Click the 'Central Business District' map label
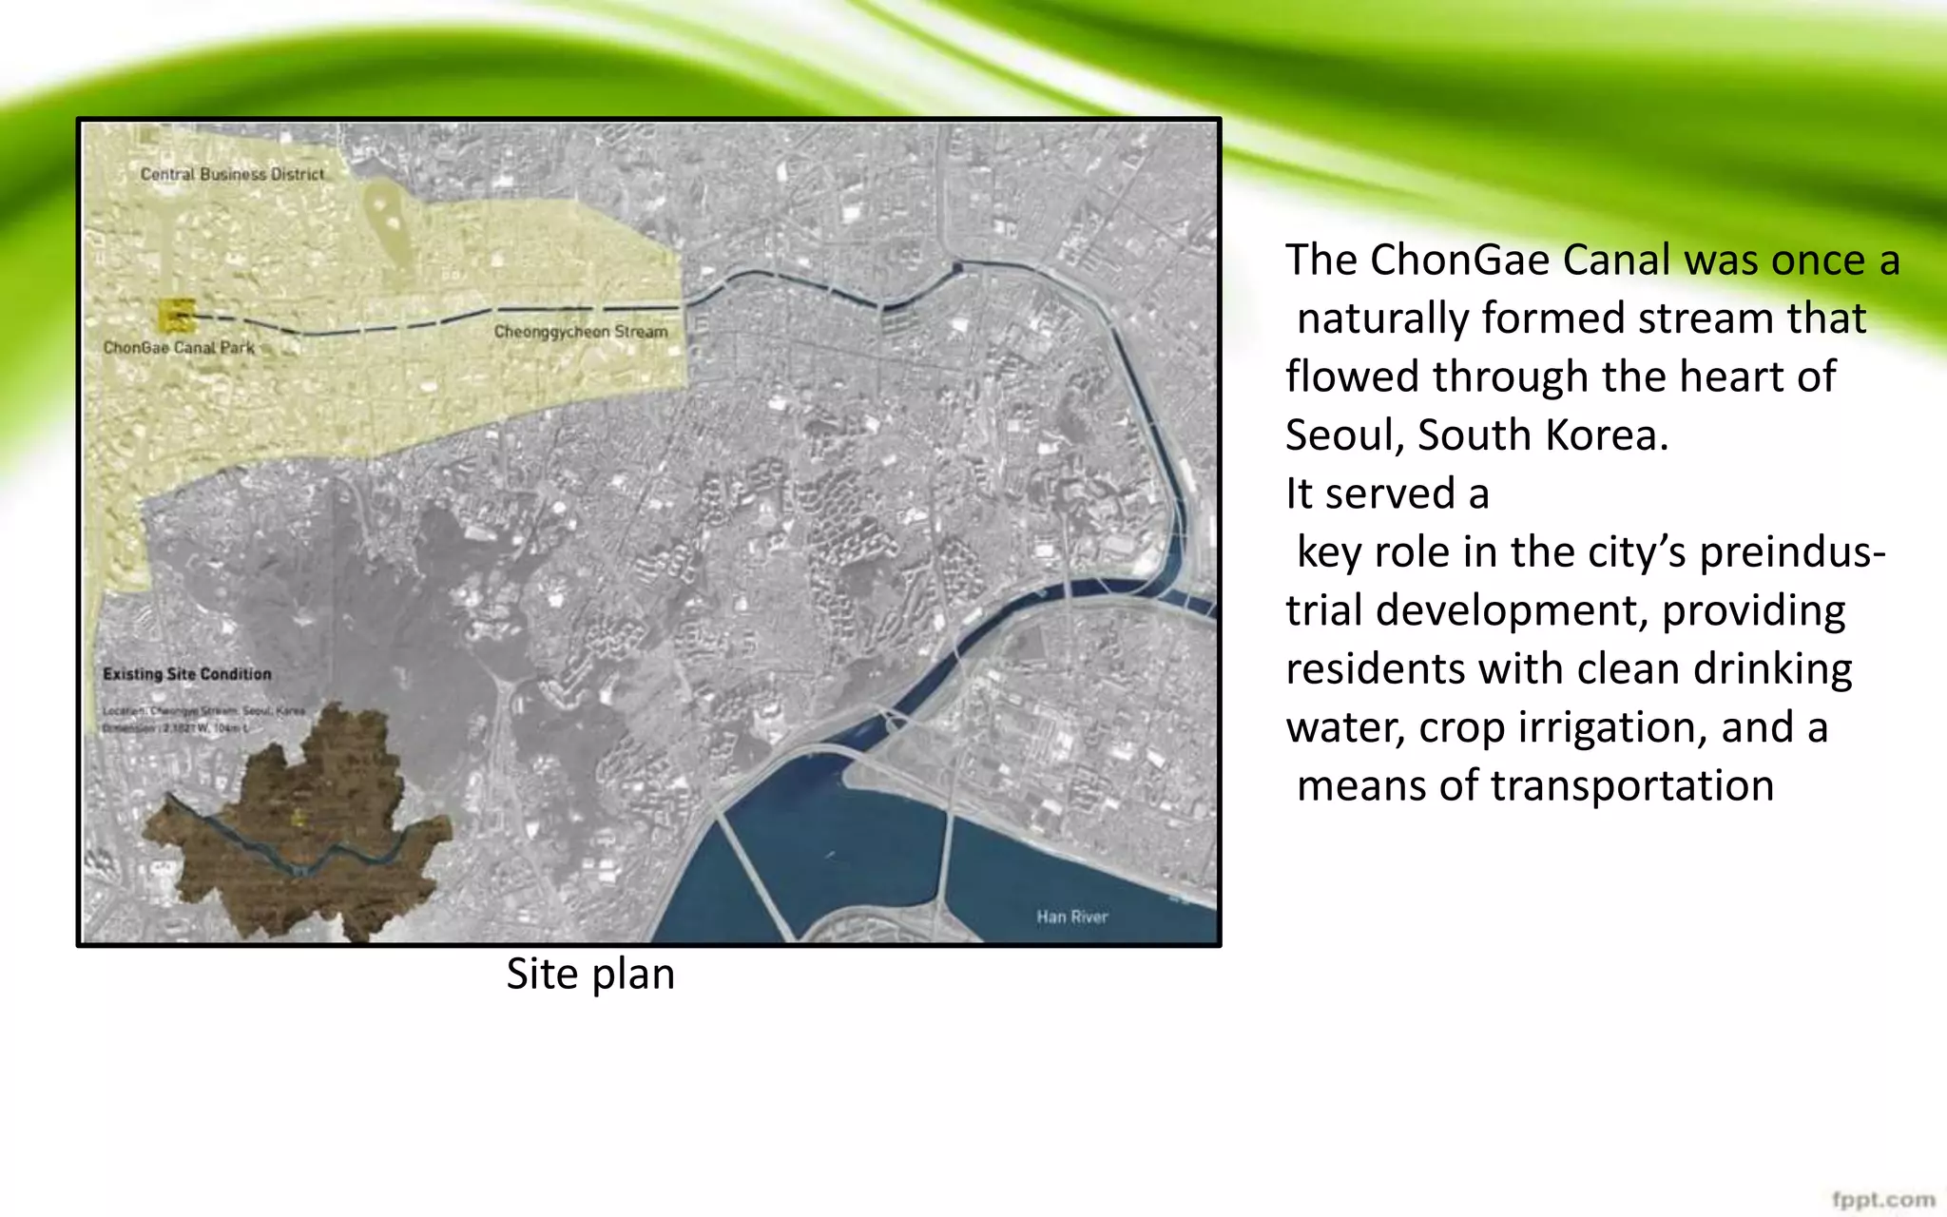click(x=232, y=174)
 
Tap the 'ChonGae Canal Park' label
click(x=179, y=347)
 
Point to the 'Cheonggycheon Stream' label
click(x=581, y=331)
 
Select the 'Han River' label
click(x=1072, y=917)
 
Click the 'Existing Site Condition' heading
click(x=187, y=674)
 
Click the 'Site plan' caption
click(x=590, y=974)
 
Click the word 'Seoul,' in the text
click(x=1345, y=435)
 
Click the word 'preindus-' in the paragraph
click(x=1792, y=552)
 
